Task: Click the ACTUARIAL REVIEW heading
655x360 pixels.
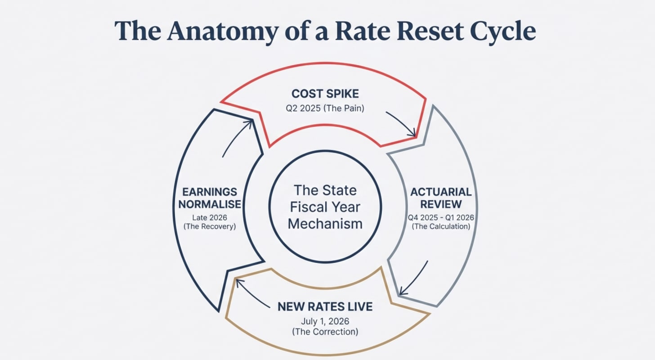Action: click(441, 198)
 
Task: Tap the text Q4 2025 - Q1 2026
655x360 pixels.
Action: click(441, 217)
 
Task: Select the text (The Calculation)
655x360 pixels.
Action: click(441, 226)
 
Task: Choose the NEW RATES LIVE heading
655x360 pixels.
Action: click(325, 307)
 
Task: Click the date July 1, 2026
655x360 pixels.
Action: click(325, 322)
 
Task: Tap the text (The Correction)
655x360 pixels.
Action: click(325, 332)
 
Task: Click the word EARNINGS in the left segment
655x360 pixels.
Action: click(210, 192)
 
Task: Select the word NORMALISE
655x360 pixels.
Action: click(210, 204)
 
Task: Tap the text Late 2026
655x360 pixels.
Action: click(210, 218)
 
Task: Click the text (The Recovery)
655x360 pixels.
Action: click(210, 227)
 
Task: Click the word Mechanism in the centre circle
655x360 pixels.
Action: click(325, 224)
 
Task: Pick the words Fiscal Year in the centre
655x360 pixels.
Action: click(325, 207)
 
